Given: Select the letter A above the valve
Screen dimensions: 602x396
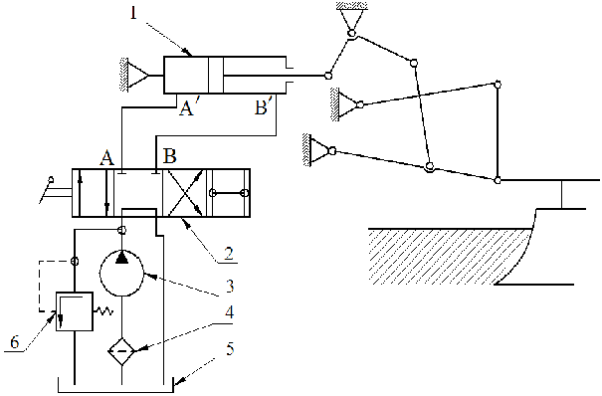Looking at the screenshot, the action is [105, 157].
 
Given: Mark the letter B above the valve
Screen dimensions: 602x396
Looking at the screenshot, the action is [169, 157].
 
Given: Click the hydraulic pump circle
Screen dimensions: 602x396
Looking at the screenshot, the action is [122, 271].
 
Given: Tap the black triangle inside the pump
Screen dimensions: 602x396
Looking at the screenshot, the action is [122, 258].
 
